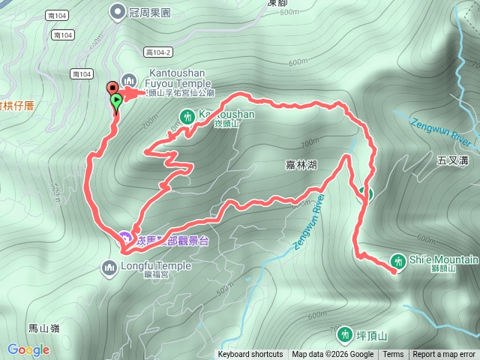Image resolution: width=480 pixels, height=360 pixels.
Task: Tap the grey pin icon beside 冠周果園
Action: (x=118, y=11)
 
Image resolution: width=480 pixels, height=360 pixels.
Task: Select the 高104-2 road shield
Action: (x=159, y=52)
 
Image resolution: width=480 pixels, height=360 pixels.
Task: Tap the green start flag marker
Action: (x=116, y=100)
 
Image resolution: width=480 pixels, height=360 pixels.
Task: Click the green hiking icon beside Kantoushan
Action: (x=186, y=115)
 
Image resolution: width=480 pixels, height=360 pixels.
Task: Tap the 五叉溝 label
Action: (x=451, y=160)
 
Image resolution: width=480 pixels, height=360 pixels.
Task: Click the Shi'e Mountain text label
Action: (x=444, y=259)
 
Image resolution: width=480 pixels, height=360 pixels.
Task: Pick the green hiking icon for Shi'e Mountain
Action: (x=397, y=261)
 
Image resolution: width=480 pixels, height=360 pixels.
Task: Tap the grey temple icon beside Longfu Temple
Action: (x=109, y=266)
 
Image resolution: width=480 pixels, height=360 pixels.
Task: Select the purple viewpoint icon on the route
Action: (x=124, y=238)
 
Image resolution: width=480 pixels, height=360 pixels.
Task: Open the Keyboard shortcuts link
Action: (x=250, y=355)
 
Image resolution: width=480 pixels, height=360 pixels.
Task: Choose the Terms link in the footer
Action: (x=393, y=355)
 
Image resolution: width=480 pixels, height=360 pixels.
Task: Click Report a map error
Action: (x=444, y=355)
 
